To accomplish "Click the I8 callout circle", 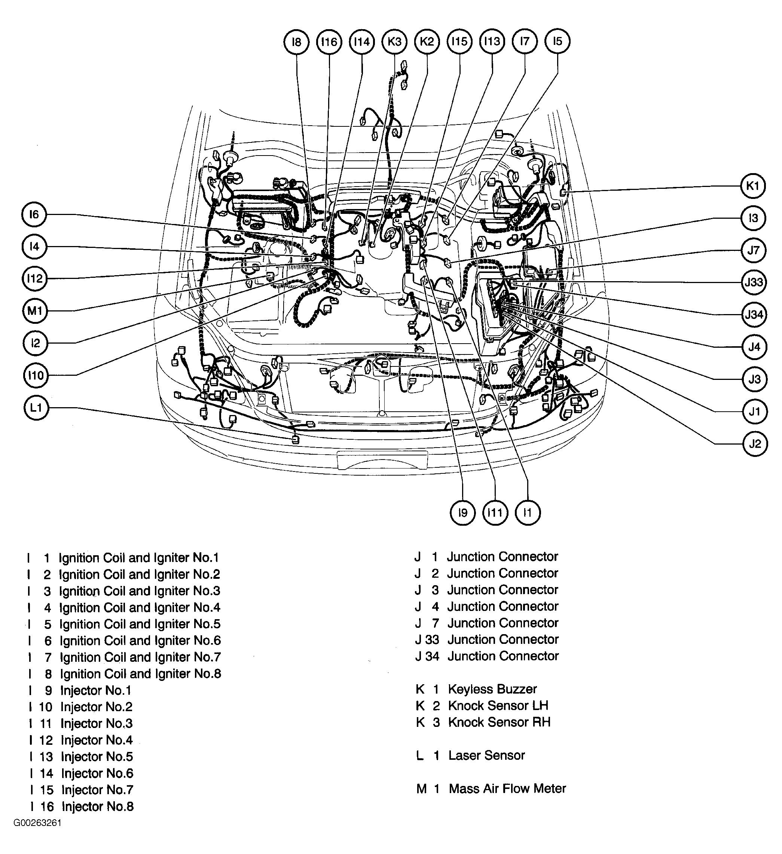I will (296, 42).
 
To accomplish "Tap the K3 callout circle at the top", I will (394, 42).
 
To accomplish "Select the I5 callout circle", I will (558, 41).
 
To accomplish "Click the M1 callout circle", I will (35, 311).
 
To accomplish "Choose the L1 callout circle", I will (36, 408).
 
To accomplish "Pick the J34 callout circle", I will (754, 314).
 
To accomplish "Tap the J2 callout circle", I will (755, 444).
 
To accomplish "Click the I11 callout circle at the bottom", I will (495, 513).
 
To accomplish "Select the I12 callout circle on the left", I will (35, 278).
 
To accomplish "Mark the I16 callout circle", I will (329, 42).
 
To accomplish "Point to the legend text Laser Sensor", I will (486, 755).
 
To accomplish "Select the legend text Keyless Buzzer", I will (492, 689).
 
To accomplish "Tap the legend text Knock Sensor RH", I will (499, 722).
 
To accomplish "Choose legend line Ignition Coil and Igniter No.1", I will (138, 557).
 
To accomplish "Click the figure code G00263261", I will (38, 835).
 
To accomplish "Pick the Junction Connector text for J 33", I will (503, 640).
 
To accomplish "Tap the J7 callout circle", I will (754, 250).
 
